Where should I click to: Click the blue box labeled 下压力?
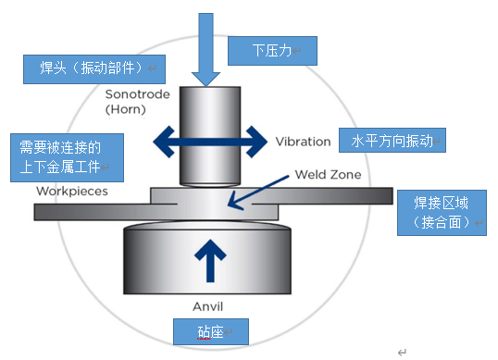point(283,50)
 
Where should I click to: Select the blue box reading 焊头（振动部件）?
point(91,67)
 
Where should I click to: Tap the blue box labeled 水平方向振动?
point(392,141)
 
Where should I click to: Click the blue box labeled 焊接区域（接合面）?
point(440,214)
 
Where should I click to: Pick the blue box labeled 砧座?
point(211,329)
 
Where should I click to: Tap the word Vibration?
point(303,142)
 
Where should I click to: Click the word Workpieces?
point(72,192)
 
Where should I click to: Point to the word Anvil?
point(210,306)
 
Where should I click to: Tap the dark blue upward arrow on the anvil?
point(211,260)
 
